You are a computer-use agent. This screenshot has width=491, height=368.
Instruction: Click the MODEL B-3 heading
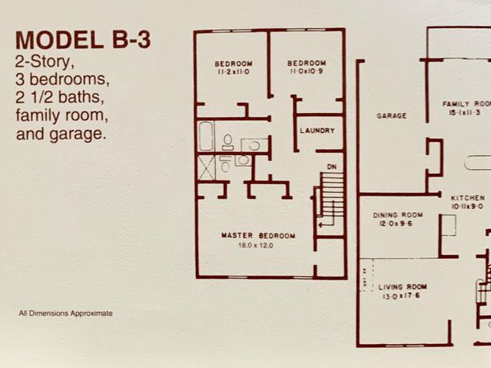tap(83, 40)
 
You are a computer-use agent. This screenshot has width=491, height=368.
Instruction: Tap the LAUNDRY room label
tap(317, 130)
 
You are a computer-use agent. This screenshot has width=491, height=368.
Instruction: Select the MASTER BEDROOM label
tap(259, 235)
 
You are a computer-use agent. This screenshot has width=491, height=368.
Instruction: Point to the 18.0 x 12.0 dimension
tap(256, 245)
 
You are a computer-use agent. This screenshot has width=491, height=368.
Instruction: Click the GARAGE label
tap(392, 116)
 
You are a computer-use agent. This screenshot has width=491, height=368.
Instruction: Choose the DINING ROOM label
tap(398, 215)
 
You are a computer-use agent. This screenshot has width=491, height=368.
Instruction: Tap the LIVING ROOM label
tap(402, 287)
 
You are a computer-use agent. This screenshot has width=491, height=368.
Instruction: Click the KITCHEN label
tap(468, 198)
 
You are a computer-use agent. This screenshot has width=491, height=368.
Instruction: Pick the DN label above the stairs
tap(332, 167)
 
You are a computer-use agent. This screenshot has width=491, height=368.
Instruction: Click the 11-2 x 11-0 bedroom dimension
tap(234, 72)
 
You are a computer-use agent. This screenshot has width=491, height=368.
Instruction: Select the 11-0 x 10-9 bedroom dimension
tap(306, 71)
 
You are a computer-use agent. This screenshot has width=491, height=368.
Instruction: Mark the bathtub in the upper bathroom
tap(206, 136)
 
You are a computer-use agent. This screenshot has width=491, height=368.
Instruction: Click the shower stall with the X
tap(207, 167)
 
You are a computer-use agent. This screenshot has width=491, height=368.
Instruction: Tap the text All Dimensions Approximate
tap(66, 313)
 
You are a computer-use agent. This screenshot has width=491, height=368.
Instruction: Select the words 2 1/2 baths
tap(60, 97)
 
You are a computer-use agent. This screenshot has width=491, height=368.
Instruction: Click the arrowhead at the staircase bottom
tap(320, 224)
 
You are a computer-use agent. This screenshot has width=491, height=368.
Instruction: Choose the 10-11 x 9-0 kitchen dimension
tap(467, 206)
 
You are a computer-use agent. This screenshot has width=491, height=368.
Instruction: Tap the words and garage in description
tap(60, 134)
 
